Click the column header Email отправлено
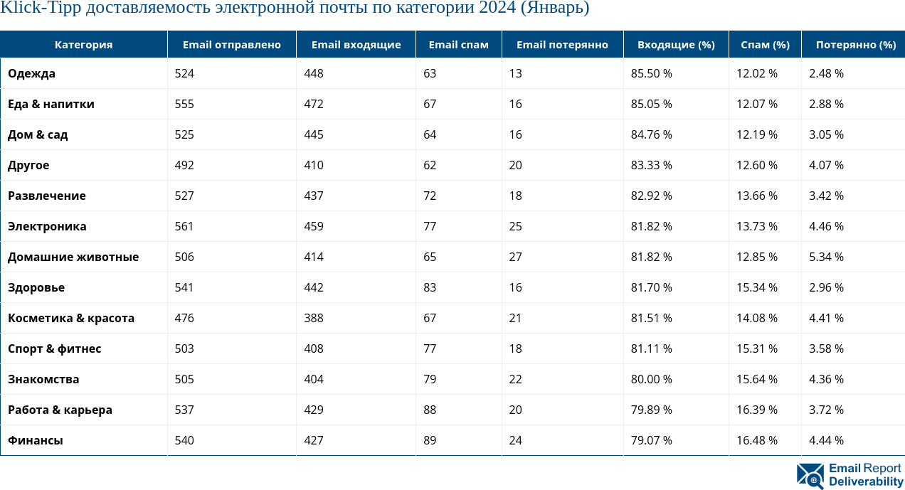[231, 45]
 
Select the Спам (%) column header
[765, 45]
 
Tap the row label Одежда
[31, 73]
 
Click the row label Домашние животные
[73, 257]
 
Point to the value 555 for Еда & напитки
[184, 104]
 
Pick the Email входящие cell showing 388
[314, 318]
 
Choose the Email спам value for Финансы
[430, 440]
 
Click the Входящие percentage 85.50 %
[651, 73]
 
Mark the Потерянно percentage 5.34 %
[826, 257]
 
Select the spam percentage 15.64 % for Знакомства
[756, 379]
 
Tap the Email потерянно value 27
[515, 257]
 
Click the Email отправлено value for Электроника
[184, 226]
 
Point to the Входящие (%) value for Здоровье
[651, 287]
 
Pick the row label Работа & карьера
[60, 410]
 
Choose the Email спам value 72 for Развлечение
[430, 196]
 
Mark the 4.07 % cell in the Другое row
[826, 165]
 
